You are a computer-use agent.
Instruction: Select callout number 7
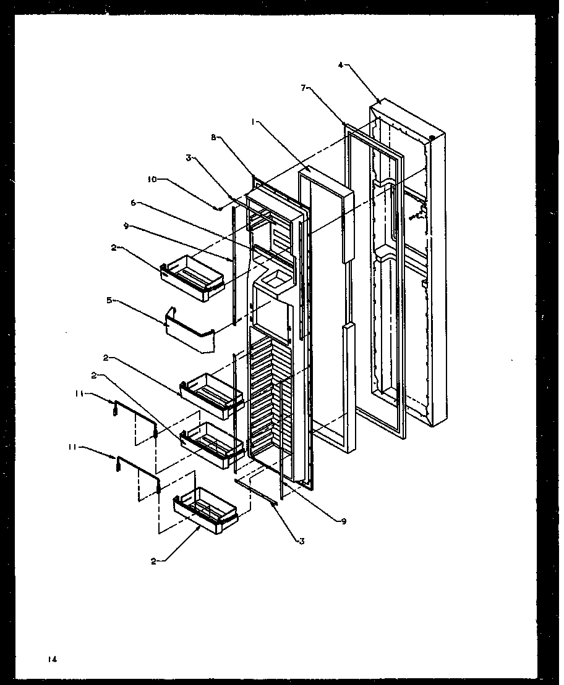coord(304,88)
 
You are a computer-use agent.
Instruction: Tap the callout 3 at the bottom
coord(301,541)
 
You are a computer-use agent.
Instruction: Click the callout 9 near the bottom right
coord(343,521)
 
